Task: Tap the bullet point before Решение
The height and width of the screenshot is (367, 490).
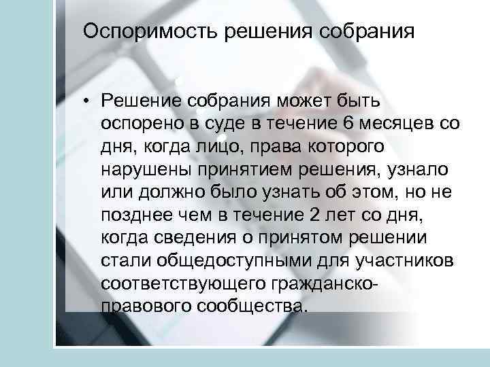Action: coord(88,101)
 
